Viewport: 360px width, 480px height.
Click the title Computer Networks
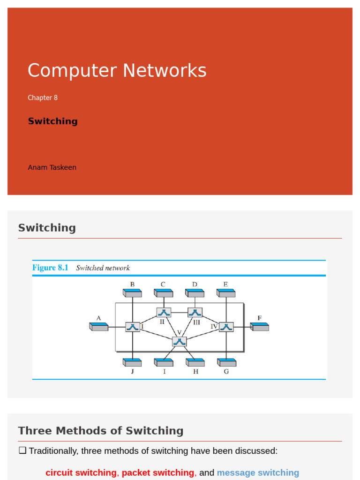click(117, 71)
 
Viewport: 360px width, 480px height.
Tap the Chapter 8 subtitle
click(43, 97)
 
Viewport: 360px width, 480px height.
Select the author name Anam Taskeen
click(52, 167)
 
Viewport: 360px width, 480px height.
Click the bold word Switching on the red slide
click(52, 121)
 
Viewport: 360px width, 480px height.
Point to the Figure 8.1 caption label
click(50, 268)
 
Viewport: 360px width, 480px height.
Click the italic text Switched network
click(103, 268)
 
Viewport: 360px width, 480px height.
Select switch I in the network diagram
click(133, 327)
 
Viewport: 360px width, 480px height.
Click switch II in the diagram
click(164, 312)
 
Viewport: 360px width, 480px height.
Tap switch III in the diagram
click(195, 312)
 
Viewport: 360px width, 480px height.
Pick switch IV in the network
click(226, 327)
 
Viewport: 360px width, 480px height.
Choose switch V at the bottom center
click(179, 341)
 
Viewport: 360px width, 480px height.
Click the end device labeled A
click(99, 326)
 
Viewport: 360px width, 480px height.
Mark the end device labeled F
click(259, 326)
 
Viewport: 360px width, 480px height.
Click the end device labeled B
click(132, 293)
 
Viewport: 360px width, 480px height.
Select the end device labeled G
click(226, 362)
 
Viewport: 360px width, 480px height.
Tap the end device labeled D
click(195, 293)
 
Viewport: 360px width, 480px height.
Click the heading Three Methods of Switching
click(101, 430)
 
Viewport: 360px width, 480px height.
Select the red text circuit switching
click(81, 472)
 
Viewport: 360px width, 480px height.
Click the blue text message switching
click(258, 472)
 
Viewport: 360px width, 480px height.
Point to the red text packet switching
click(157, 472)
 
